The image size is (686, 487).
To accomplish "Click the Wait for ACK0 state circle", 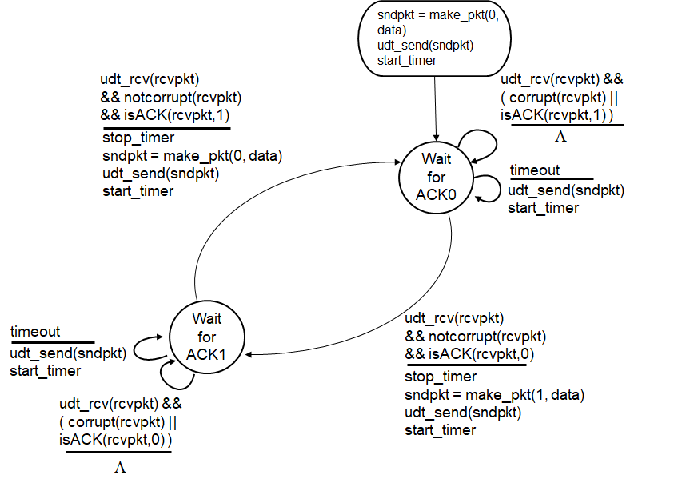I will click(x=435, y=178).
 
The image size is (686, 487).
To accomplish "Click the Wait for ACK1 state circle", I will click(x=206, y=335).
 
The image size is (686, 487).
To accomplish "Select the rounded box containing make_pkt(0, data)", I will click(x=437, y=37).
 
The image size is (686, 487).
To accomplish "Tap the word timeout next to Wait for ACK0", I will click(x=534, y=170).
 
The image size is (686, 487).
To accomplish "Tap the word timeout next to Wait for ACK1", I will click(x=35, y=332).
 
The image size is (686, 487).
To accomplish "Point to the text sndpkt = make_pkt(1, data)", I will click(x=495, y=395).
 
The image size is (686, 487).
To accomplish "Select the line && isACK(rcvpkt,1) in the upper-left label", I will click(x=165, y=115).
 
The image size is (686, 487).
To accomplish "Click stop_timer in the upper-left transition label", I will click(x=138, y=138).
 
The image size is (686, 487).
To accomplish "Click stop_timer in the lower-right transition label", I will click(x=440, y=377).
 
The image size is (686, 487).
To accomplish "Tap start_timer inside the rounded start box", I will click(x=408, y=60).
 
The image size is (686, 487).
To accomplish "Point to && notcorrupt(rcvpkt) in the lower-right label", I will click(x=475, y=335).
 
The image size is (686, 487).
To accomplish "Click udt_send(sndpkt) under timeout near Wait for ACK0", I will click(x=565, y=190).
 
